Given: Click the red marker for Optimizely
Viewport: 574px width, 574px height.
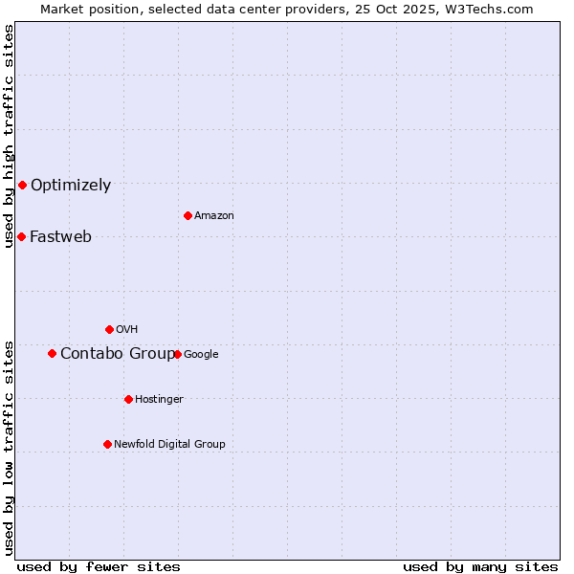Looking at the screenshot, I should [x=22, y=185].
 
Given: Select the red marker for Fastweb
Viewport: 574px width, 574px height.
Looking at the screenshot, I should [x=21, y=236].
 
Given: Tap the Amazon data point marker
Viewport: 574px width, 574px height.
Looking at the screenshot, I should [x=188, y=215].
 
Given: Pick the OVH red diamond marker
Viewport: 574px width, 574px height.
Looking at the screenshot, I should [x=109, y=329].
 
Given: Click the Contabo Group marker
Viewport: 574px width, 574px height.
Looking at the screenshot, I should [x=52, y=353].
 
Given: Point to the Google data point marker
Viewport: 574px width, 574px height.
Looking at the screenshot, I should [x=177, y=354].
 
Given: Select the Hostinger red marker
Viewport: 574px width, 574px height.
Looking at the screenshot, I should [x=128, y=399].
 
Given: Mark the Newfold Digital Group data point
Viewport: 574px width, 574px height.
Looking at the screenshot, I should [x=107, y=444].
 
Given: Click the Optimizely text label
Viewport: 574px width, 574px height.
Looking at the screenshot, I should [x=71, y=186].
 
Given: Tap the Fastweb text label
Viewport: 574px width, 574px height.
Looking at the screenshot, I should [x=60, y=237].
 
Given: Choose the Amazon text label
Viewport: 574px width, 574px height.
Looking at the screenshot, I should [x=214, y=216].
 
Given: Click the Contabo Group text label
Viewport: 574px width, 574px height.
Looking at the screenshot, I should [x=117, y=354].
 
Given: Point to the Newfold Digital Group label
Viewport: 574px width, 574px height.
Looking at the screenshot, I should [x=169, y=444].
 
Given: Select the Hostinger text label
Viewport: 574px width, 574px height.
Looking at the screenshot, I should [x=159, y=399].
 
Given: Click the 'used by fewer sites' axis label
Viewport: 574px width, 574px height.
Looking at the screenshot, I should [x=99, y=566].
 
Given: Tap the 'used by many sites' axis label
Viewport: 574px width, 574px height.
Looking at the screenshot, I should [x=480, y=566].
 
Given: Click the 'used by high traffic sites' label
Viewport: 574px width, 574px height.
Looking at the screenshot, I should [x=9, y=136].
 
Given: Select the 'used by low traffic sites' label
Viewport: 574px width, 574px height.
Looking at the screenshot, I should [x=9, y=448].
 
